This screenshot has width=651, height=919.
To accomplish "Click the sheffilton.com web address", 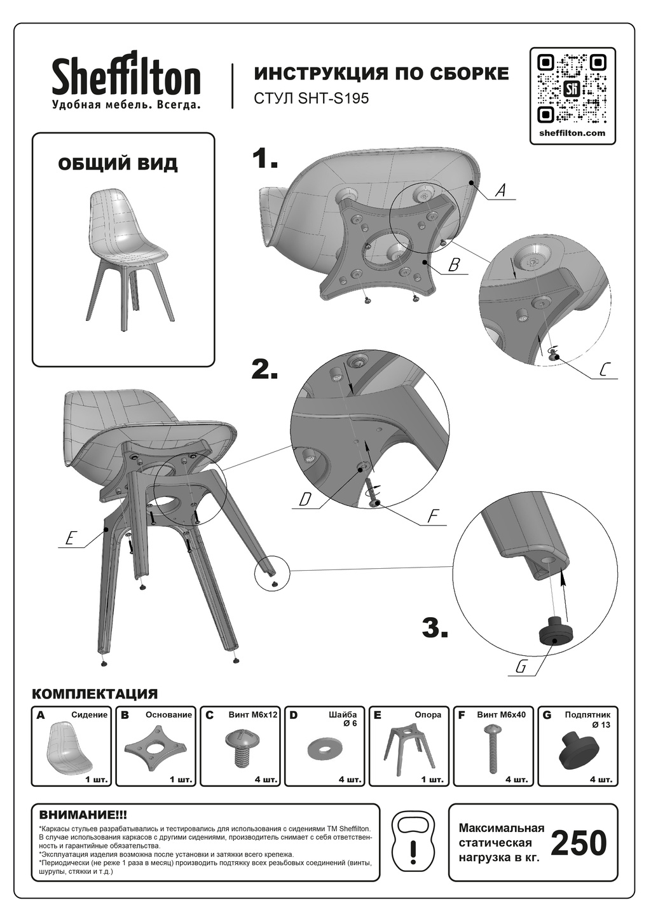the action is point(572,133).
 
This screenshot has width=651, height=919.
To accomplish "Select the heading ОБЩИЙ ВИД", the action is point(118,165).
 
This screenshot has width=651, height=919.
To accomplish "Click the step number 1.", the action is point(264,158).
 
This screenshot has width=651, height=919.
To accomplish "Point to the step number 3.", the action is point(435,627).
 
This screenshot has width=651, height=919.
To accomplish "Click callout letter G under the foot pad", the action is point(521,666).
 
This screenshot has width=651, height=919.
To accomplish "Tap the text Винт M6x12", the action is point(253,715).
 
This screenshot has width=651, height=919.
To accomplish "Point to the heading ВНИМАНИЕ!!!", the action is point(83,814).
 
